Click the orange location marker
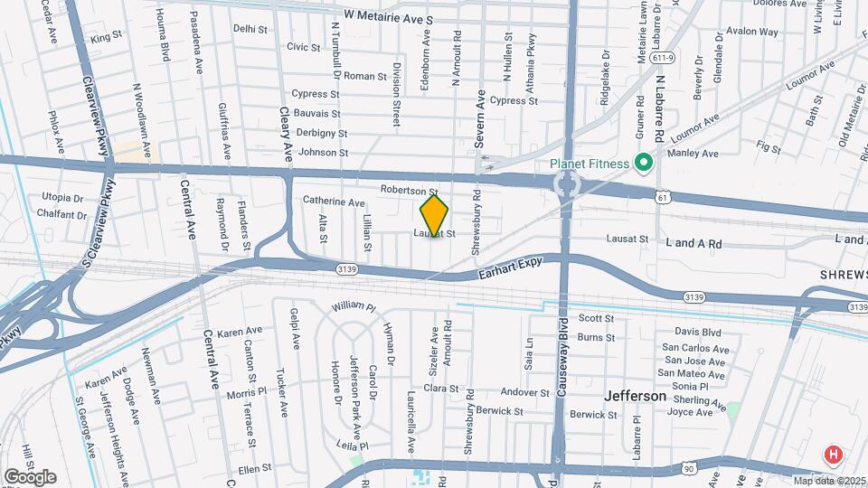tap(434, 216)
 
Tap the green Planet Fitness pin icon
tap(644, 164)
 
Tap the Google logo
tap(30, 476)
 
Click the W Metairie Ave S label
tap(389, 17)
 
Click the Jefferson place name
tap(635, 396)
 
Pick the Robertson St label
tap(409, 191)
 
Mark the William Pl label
tap(354, 307)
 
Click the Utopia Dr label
tap(62, 197)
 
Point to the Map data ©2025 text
tap(827, 480)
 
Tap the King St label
tap(106, 37)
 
